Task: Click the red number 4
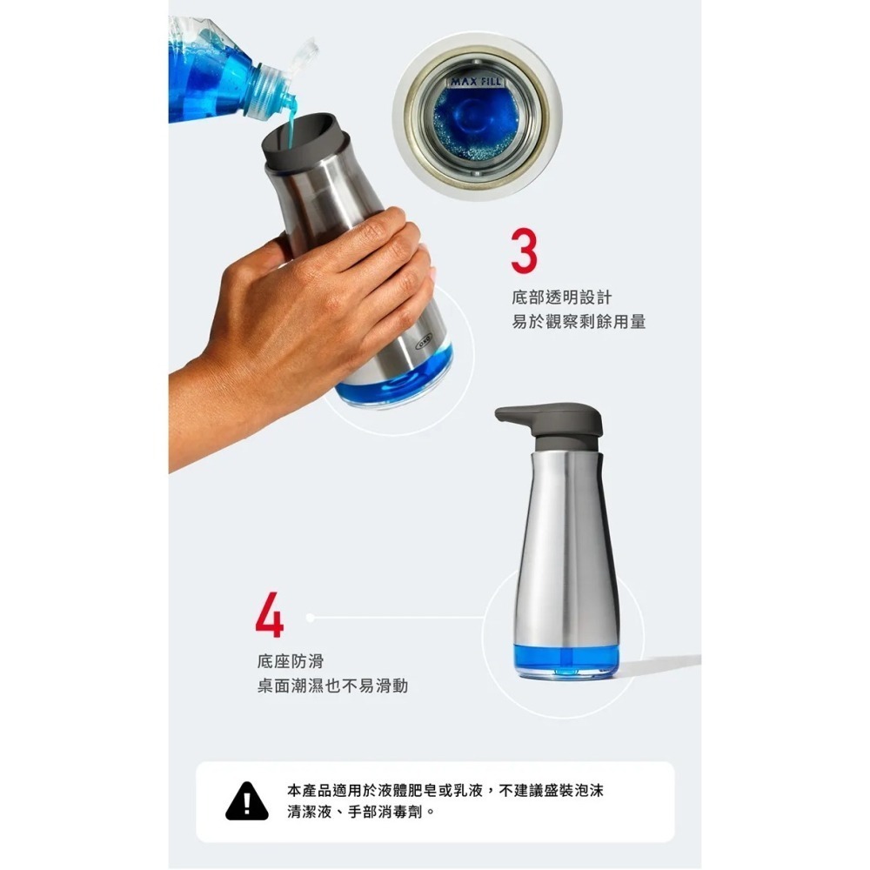point(269,617)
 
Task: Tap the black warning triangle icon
point(247,802)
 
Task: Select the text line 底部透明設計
point(562,298)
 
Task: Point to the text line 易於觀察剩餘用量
point(579,322)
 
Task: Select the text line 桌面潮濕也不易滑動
point(332,686)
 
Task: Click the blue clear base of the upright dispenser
point(565,659)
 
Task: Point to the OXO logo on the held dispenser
point(423,343)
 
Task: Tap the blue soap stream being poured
point(288,130)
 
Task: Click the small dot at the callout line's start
point(309,617)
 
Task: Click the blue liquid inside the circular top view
point(476,122)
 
